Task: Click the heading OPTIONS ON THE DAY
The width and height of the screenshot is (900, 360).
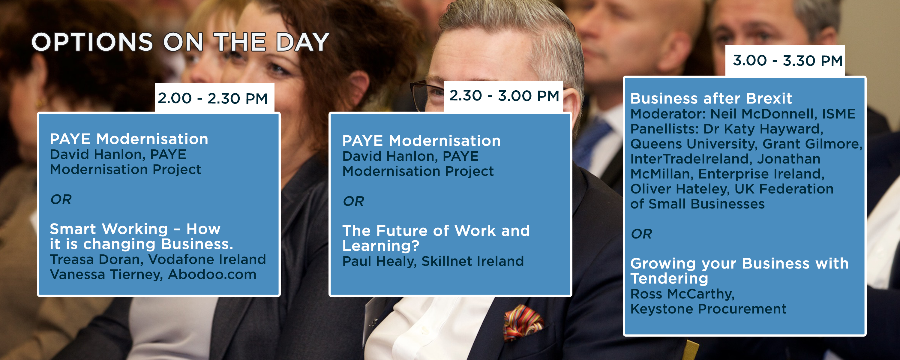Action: pos(180,42)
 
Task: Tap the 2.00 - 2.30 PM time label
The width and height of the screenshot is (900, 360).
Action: pos(212,98)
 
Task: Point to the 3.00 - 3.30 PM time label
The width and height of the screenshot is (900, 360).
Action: pos(787,61)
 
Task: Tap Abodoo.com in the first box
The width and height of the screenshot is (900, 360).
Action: pos(212,274)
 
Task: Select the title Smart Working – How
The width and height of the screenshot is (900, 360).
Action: pos(135,229)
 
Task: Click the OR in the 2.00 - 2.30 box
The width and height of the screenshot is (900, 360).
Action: pos(61,199)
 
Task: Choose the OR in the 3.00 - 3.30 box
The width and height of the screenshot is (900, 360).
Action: pos(641,234)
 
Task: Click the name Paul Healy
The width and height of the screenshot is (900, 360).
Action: pos(379,261)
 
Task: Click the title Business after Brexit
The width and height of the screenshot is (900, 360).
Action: pos(711,99)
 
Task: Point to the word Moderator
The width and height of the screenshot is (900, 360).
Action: pos(668,114)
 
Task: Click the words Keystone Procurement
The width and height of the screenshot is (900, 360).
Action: pos(708,309)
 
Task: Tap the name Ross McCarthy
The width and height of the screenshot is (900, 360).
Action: pos(682,294)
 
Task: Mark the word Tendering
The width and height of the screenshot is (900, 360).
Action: pos(669,279)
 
